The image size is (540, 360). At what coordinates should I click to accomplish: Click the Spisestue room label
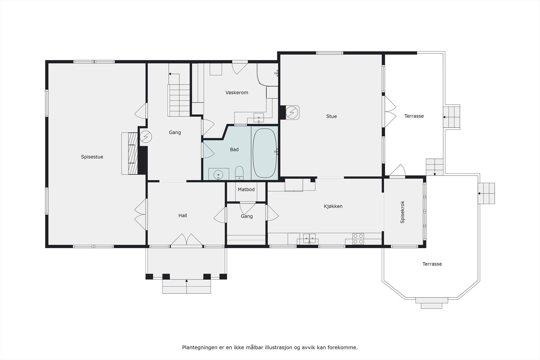pyautogui.click(x=92, y=157)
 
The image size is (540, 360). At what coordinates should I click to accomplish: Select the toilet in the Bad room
pyautogui.click(x=239, y=172)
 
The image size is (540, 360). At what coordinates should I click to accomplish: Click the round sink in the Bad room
pyautogui.click(x=218, y=174)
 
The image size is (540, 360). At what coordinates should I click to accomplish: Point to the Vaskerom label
pyautogui.click(x=237, y=92)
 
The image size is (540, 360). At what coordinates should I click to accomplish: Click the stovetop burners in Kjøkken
pyautogui.click(x=358, y=239)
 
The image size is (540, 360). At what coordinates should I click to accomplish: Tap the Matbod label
pyautogui.click(x=246, y=190)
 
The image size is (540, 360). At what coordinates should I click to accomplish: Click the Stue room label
pyautogui.click(x=331, y=116)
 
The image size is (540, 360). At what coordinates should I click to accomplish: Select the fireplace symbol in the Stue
pyautogui.click(x=292, y=112)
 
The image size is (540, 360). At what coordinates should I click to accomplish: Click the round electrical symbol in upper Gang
pyautogui.click(x=146, y=136)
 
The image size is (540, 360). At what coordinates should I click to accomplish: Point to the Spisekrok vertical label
pyautogui.click(x=402, y=212)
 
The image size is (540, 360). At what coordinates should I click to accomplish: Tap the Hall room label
pyautogui.click(x=183, y=216)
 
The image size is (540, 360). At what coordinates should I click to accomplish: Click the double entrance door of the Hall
pyautogui.click(x=186, y=240)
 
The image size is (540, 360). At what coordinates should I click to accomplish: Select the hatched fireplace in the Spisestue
pyautogui.click(x=130, y=154)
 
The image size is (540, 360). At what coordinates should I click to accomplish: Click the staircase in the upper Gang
pyautogui.click(x=179, y=100)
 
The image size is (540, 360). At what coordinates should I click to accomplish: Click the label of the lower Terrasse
pyautogui.click(x=432, y=264)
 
